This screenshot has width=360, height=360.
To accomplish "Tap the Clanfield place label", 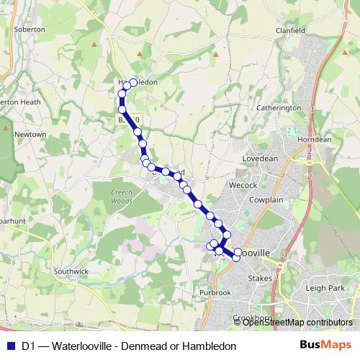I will tap(291, 31).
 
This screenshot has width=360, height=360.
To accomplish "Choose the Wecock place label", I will tap(243, 185).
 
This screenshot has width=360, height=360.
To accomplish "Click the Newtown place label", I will tap(31, 134).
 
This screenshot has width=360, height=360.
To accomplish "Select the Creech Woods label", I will tap(107, 197).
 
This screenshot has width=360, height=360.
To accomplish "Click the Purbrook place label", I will tap(215, 292).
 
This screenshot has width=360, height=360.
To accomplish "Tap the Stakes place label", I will tap(258, 278).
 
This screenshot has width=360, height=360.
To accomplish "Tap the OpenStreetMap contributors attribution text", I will tap(297, 323).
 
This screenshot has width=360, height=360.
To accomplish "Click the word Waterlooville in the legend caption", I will tap(81, 346).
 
